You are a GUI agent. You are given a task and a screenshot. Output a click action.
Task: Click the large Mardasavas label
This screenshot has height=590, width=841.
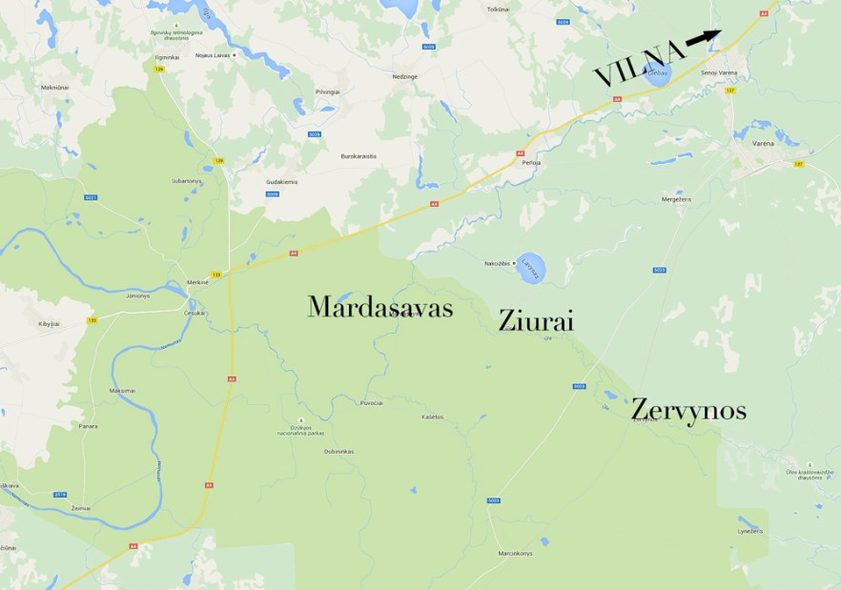(379, 307)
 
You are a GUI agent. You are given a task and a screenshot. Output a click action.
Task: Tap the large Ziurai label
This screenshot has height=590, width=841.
(536, 321)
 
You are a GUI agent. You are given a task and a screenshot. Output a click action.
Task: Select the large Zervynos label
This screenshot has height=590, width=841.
(688, 411)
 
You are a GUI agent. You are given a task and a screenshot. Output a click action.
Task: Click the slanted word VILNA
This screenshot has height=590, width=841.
(639, 63)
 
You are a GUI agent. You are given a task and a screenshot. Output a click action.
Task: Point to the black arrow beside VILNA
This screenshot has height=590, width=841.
(703, 37)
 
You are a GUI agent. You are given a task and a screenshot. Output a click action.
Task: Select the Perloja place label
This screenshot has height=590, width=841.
(531, 163)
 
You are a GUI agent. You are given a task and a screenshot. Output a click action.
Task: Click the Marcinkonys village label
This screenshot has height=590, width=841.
(513, 553)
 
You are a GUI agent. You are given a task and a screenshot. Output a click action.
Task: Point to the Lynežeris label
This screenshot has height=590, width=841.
(750, 531)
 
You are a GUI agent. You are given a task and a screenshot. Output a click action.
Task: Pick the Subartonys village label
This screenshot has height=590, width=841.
(186, 180)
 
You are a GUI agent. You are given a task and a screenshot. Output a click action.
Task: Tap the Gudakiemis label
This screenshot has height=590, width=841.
(282, 180)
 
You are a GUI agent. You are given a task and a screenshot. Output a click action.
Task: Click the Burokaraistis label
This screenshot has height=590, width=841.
(359, 155)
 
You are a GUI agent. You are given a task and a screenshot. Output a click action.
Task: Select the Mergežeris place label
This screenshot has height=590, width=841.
(676, 199)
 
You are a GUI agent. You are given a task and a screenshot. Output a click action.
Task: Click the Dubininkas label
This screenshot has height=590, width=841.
(338, 451)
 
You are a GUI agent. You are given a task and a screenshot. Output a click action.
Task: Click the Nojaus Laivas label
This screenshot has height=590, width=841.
(213, 54)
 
